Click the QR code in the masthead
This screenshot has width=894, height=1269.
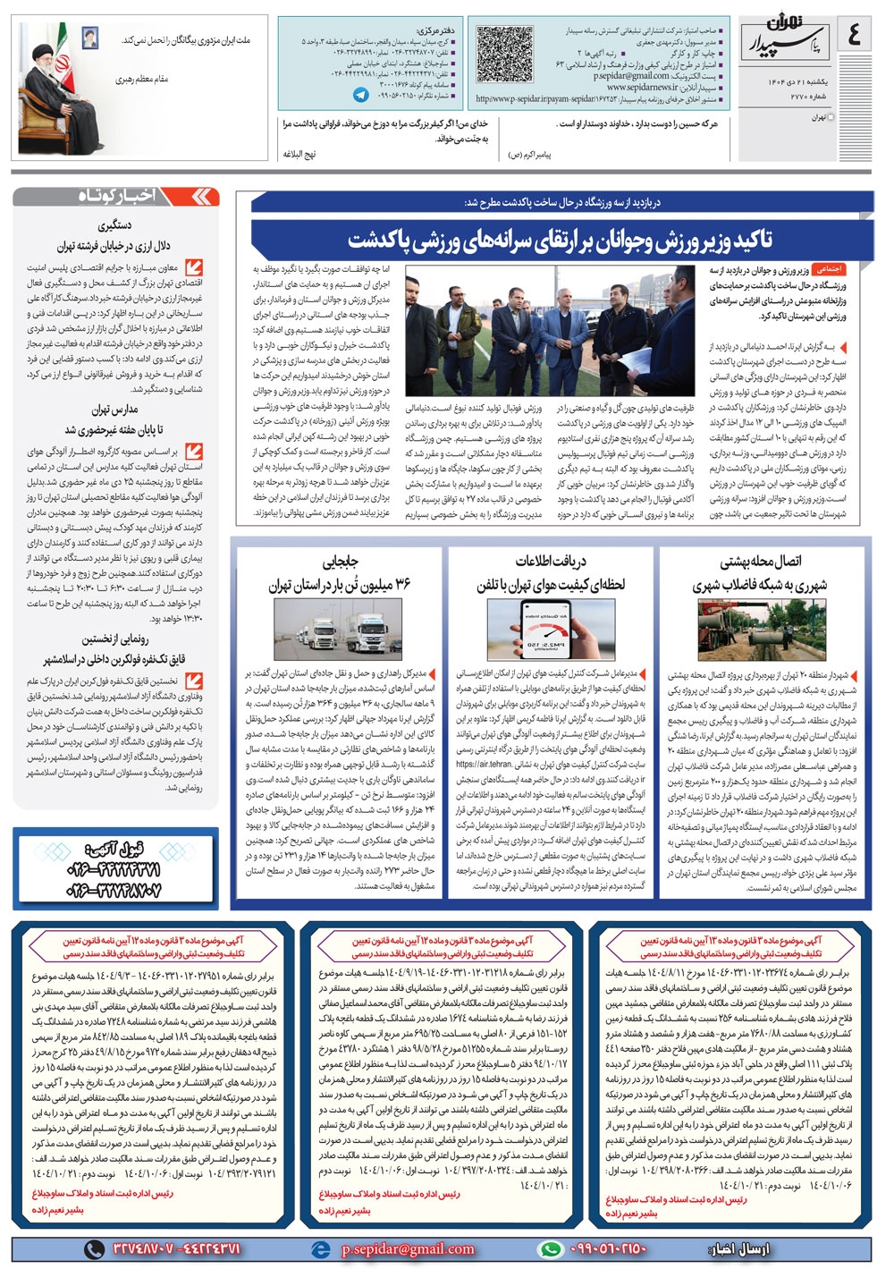[x=506, y=54]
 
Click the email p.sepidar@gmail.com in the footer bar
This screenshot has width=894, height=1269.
[x=407, y=1249]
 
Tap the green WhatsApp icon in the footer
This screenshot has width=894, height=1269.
[x=551, y=1249]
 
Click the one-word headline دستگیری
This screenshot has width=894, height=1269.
[x=116, y=227]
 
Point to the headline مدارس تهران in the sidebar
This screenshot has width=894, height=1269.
[x=114, y=410]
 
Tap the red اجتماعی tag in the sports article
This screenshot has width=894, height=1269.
[x=828, y=268]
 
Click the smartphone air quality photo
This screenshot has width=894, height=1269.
[x=549, y=629]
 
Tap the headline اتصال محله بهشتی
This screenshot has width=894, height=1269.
[x=762, y=562]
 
